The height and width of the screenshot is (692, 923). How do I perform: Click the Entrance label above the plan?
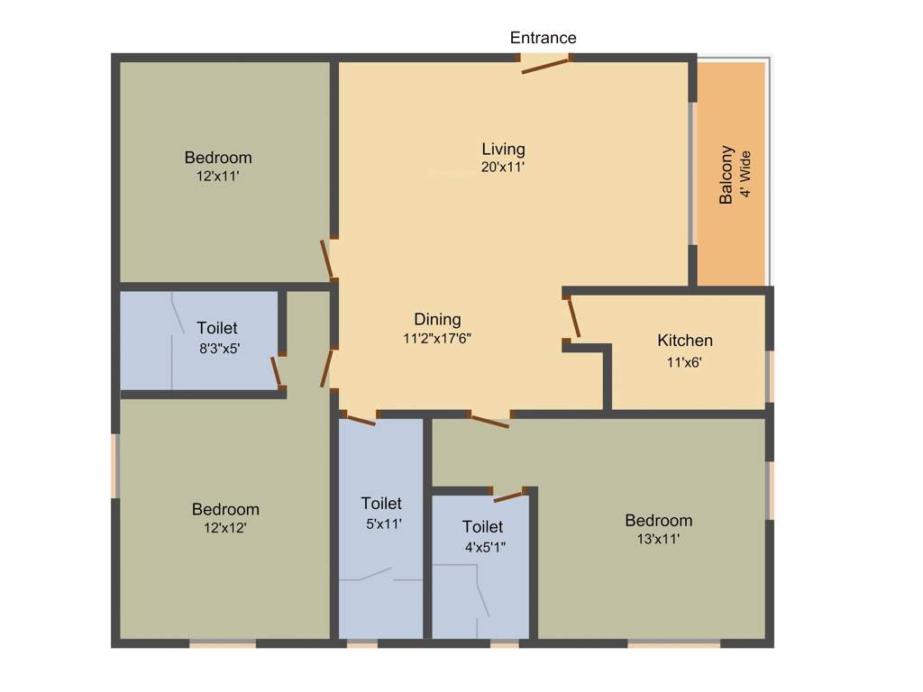coord(543,38)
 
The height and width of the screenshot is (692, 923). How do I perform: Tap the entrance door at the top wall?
coord(545,63)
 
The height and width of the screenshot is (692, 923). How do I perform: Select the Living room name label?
coord(503,150)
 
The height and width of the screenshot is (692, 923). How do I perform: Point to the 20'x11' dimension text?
coord(503,167)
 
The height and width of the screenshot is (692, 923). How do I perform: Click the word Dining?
coord(437,320)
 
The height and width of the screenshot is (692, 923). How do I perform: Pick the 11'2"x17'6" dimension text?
coord(437,338)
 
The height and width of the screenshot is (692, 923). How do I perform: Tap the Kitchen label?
coord(685,341)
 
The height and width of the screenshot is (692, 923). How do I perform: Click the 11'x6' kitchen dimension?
coord(682,362)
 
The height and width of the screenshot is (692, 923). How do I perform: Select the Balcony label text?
coord(727,175)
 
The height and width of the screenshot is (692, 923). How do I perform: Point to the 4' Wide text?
coord(745,175)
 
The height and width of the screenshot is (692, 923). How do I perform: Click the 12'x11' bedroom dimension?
coord(217,177)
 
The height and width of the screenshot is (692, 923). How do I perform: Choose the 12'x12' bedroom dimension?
coord(225,528)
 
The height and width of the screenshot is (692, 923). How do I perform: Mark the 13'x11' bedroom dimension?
coord(658,539)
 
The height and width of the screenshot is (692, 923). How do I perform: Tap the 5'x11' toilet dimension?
coord(381,523)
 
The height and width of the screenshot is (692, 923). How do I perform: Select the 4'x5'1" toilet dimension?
coord(484,546)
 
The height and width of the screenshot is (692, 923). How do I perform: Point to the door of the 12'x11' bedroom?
coord(328,260)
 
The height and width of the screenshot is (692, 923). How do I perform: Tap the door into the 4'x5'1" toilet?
coord(509,496)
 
